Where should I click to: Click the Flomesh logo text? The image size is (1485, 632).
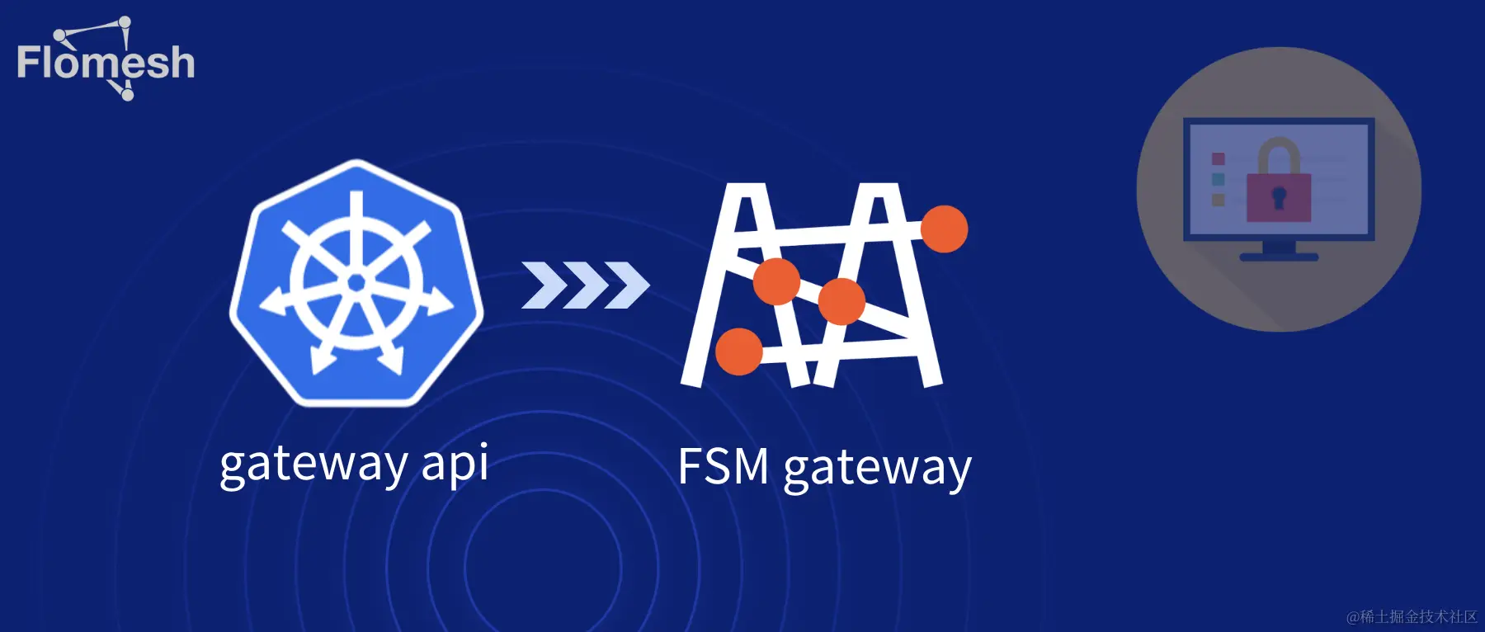click(x=106, y=63)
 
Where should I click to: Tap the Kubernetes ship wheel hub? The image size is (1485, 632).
click(x=356, y=283)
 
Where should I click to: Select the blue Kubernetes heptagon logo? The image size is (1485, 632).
click(x=356, y=282)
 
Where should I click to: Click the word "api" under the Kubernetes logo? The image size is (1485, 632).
click(x=455, y=464)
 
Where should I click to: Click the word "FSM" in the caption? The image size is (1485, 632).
click(x=723, y=467)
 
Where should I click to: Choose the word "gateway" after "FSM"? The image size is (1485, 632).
click(x=877, y=469)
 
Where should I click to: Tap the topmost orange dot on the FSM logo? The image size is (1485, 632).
click(x=944, y=229)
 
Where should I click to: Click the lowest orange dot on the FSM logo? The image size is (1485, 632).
click(x=738, y=351)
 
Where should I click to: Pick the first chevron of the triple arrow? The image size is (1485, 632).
click(x=544, y=285)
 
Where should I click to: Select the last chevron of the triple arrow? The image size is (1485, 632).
click(x=627, y=285)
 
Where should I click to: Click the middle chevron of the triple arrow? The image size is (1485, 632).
click(x=586, y=285)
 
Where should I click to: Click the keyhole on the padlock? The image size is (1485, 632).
click(x=1279, y=198)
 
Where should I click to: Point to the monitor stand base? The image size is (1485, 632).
click(x=1279, y=257)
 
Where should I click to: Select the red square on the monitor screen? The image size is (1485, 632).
click(x=1218, y=158)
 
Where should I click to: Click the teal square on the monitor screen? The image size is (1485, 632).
click(x=1218, y=179)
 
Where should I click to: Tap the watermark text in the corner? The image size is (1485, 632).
click(x=1412, y=616)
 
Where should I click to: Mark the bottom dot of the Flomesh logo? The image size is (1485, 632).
click(x=127, y=95)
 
